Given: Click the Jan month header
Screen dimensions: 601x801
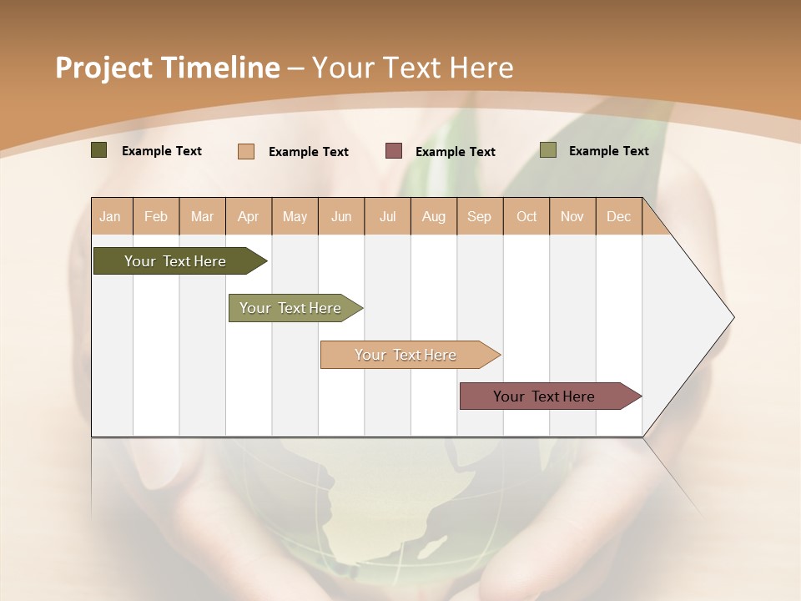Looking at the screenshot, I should click(x=110, y=216).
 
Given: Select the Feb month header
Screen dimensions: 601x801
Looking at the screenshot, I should click(x=156, y=216).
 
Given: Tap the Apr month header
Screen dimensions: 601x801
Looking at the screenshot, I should click(x=248, y=216).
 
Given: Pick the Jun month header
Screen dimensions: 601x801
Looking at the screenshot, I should click(x=341, y=216).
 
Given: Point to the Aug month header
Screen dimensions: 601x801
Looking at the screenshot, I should click(x=433, y=216).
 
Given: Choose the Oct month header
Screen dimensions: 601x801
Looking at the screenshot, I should click(x=526, y=216).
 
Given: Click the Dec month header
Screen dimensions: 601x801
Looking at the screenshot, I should click(x=618, y=216).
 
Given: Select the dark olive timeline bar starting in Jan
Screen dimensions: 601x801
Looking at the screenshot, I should click(x=175, y=261).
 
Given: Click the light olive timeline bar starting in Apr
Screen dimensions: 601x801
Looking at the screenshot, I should click(x=290, y=308).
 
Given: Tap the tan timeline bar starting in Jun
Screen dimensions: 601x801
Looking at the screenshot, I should click(x=406, y=355).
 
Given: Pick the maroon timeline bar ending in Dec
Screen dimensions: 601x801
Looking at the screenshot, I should click(x=544, y=396).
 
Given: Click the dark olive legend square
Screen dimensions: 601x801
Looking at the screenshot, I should click(x=99, y=150).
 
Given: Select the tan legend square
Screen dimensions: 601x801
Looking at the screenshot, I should click(x=246, y=151).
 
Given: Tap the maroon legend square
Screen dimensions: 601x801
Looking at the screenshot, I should click(x=394, y=151).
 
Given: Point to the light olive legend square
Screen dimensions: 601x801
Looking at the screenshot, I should click(x=548, y=150).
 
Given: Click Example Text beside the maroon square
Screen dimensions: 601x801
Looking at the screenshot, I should click(x=455, y=152).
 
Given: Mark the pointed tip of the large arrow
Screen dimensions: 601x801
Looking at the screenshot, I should click(x=733, y=317).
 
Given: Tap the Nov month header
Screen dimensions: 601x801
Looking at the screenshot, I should click(x=572, y=216).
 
